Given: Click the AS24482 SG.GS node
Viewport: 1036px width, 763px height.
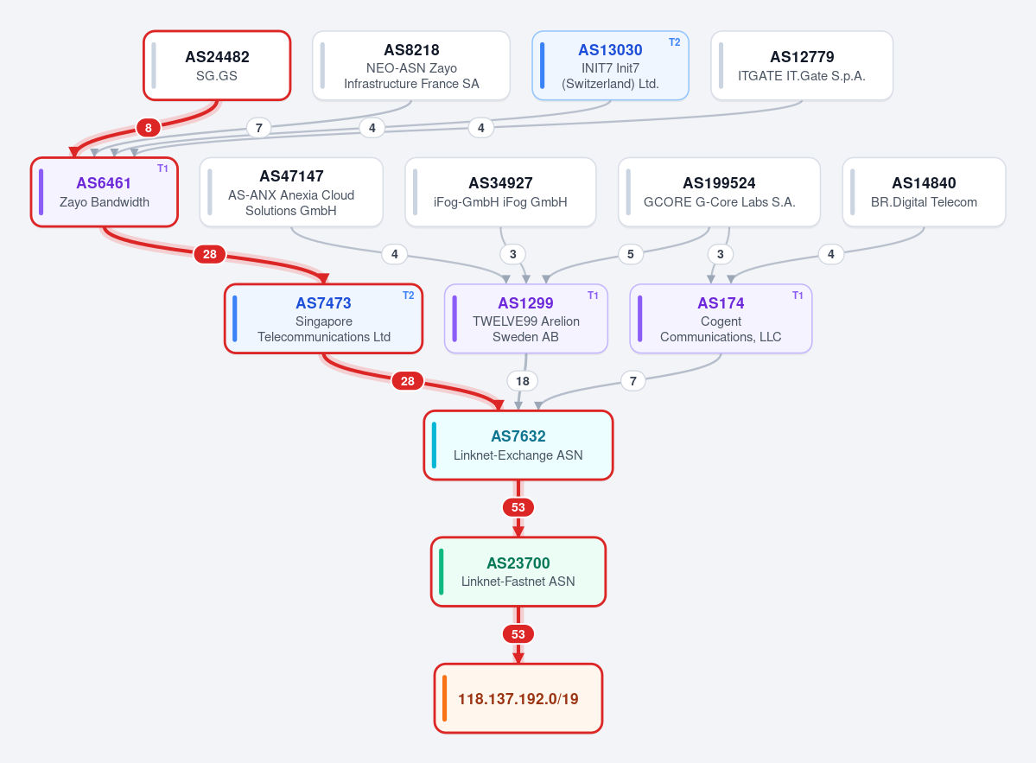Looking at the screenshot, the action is tap(217, 66).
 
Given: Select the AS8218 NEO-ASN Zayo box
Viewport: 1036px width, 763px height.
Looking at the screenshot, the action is tap(411, 66).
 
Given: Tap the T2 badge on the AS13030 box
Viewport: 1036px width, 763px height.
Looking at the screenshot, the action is tap(674, 42).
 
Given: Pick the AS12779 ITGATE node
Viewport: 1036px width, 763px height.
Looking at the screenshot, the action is tap(802, 66).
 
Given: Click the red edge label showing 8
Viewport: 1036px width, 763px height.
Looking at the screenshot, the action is tap(149, 128).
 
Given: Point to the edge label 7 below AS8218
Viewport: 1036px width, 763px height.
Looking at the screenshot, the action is tap(259, 128).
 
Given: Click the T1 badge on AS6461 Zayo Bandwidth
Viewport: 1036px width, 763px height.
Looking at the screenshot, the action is tap(162, 168).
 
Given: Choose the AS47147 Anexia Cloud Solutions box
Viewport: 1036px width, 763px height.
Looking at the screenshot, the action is tap(290, 192).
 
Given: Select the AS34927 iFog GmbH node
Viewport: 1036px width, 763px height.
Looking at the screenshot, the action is tap(500, 192).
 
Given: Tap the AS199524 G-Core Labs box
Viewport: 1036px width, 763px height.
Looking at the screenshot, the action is tap(719, 192).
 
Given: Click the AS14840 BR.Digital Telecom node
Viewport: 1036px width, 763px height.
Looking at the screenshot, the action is tap(924, 192).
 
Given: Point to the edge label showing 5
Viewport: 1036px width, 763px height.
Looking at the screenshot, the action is tap(630, 254).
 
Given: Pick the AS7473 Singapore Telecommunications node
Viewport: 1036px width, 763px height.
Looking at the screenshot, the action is tap(324, 319).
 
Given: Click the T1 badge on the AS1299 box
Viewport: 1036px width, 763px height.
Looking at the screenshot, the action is tap(593, 296).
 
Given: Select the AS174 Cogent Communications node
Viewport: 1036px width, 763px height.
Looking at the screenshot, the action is tap(721, 319).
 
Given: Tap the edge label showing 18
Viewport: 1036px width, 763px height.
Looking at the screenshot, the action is tap(523, 381).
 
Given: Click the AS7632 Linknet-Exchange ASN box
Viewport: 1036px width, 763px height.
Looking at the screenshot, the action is tap(518, 445).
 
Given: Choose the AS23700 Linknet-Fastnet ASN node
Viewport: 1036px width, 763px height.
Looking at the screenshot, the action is tap(518, 572).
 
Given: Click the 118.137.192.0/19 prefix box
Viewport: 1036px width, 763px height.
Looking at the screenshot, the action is tap(518, 698).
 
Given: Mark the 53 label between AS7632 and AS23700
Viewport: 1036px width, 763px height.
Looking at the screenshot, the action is tap(518, 507).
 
